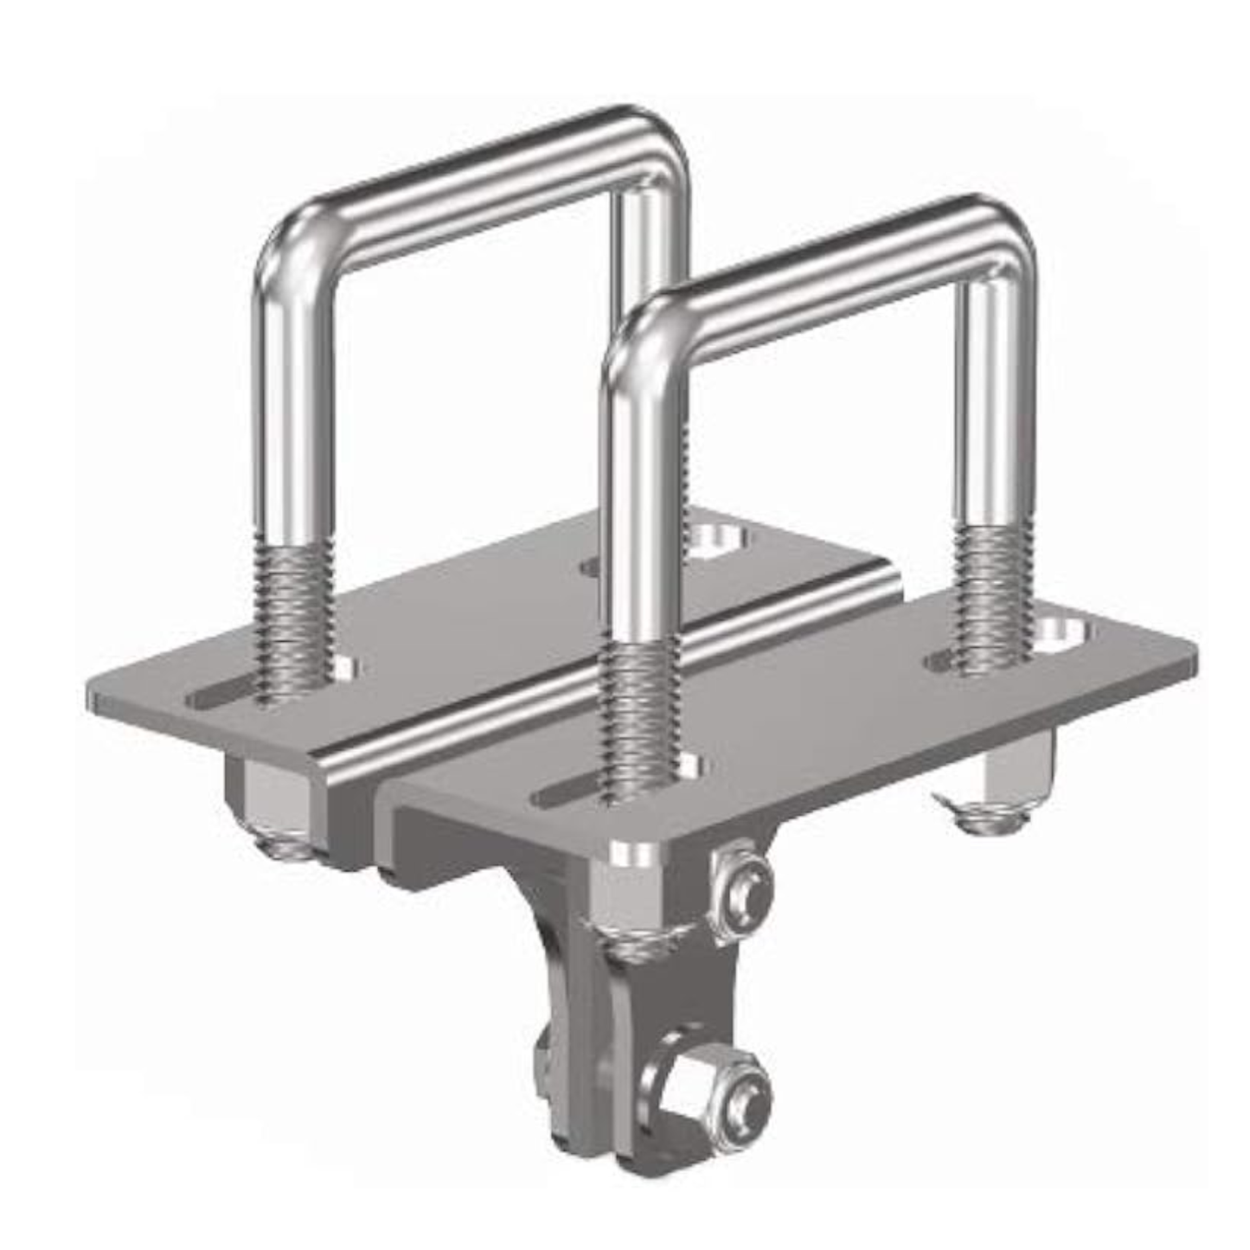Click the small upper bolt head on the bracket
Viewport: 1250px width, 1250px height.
742,891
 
